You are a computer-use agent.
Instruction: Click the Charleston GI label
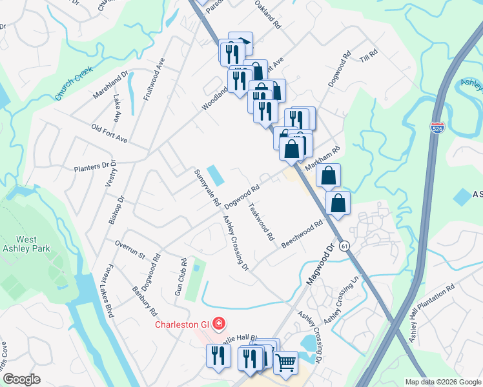[183, 324]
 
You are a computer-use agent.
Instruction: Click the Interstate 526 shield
[437, 128]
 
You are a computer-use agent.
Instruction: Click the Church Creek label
[74, 85]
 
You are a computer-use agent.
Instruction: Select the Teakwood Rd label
[262, 222]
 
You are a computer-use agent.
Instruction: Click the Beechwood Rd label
[302, 235]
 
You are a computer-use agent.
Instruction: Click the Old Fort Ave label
[109, 134]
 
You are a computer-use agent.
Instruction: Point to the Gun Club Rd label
[183, 275]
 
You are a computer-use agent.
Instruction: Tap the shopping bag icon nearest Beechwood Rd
[338, 203]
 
